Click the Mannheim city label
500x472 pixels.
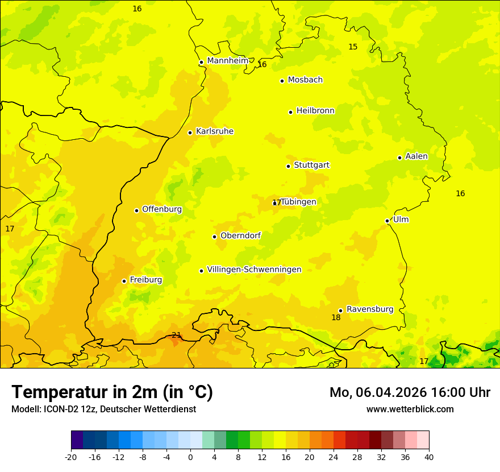pos(227,61)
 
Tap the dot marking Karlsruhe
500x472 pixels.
pos(190,133)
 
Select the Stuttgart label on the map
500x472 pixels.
pos(311,165)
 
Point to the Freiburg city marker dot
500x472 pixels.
pos(124,281)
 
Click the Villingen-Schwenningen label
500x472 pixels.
pos(254,270)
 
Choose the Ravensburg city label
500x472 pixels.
pos(369,309)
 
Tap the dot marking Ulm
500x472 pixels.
pos(387,221)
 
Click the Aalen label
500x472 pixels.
pos(416,156)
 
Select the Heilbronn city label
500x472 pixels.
pos(315,111)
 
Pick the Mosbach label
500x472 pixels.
pos(305,80)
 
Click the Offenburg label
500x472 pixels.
pos(162,209)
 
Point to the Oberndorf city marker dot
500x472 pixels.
pos(214,237)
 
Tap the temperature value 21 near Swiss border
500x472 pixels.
pos(176,335)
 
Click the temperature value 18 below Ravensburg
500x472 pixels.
pos(336,317)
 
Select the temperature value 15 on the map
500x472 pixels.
pos(353,47)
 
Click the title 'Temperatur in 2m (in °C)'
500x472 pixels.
pos(112,392)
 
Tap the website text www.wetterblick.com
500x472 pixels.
pos(410,409)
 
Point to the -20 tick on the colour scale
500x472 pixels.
pos(71,457)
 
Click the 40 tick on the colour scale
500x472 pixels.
pos(429,457)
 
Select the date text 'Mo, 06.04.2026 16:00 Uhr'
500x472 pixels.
pos(410,392)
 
